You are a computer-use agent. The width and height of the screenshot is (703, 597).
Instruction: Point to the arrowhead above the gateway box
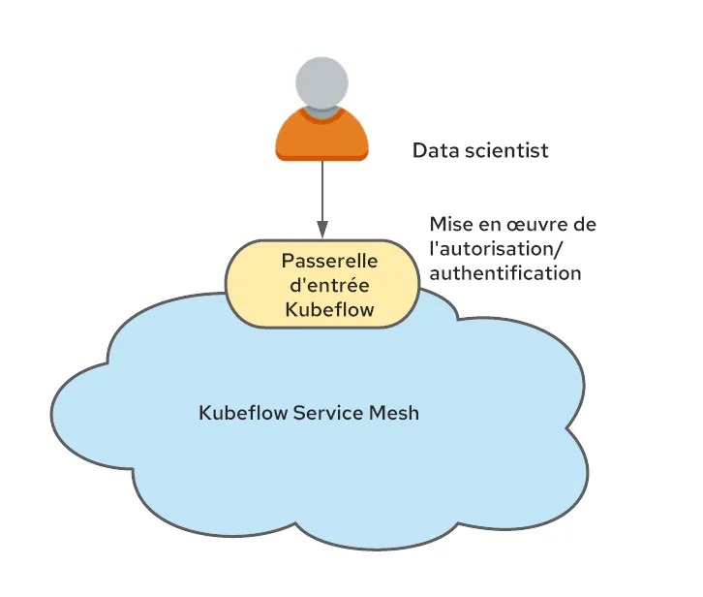pyautogui.click(x=321, y=230)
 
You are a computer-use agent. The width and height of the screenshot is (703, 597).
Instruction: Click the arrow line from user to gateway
pyautogui.click(x=321, y=194)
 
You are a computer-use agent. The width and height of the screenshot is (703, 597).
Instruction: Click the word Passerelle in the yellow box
pyautogui.click(x=329, y=261)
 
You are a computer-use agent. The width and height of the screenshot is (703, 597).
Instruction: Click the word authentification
pyautogui.click(x=504, y=273)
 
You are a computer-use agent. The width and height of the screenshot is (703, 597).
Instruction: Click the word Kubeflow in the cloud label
pyautogui.click(x=243, y=412)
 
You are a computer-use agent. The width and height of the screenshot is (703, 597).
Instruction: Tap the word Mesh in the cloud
pyautogui.click(x=395, y=412)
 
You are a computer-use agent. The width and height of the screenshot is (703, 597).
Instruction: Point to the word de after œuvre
pyautogui.click(x=585, y=225)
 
